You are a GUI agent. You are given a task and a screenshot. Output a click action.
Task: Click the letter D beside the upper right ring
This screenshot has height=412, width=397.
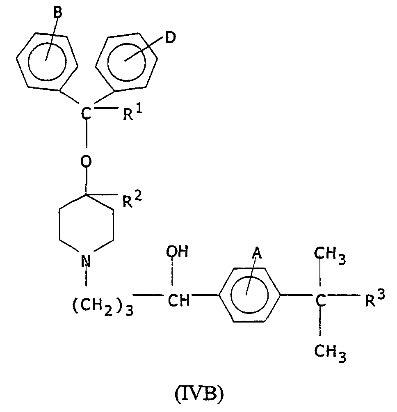click(170, 38)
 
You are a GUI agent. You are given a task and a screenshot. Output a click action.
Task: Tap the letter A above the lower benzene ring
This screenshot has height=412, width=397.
click(257, 254)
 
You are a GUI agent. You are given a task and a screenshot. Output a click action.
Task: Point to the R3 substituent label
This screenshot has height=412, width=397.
click(375, 298)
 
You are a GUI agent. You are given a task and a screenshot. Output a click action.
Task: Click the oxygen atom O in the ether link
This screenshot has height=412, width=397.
click(86, 161)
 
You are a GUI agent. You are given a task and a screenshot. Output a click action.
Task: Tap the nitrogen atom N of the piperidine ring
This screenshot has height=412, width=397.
click(86, 261)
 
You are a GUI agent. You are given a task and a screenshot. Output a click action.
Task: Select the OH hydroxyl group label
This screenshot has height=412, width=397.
click(177, 252)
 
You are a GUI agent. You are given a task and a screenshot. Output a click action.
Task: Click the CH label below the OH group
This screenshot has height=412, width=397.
click(178, 301)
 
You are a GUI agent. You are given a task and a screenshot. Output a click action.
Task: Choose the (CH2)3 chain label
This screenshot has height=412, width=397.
click(103, 307)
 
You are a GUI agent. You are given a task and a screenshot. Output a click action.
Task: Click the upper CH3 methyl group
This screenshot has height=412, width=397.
click(330, 256)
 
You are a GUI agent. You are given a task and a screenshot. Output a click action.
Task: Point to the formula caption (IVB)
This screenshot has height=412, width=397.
click(199, 394)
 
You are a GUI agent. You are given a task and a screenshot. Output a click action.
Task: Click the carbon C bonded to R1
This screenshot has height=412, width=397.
click(86, 114)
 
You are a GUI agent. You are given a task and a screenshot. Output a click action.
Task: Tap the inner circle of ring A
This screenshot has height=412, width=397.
click(231, 295)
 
